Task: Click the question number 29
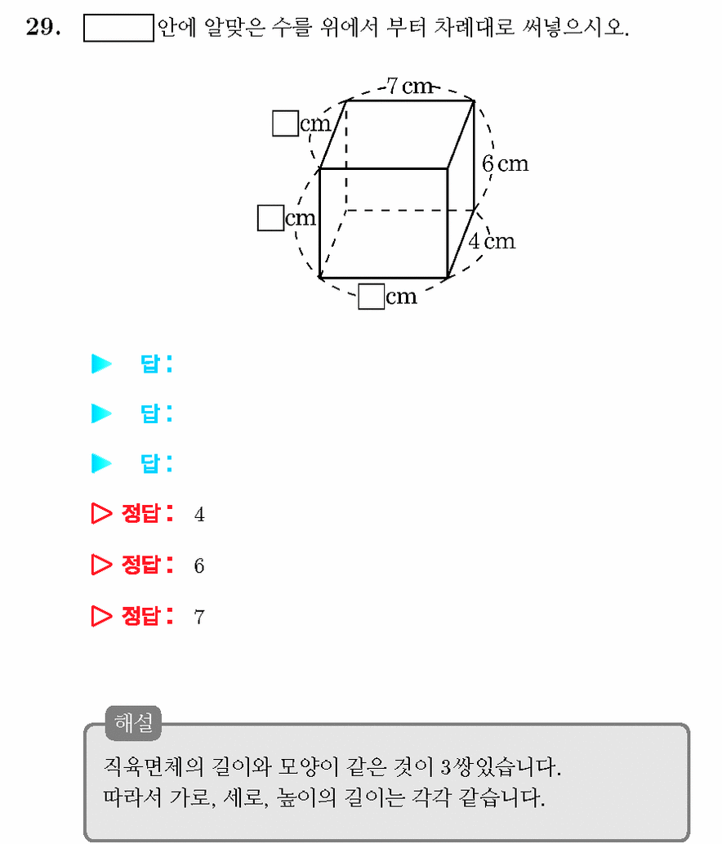click(x=43, y=26)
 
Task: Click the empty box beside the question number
click(x=119, y=28)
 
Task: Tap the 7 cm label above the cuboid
click(x=410, y=86)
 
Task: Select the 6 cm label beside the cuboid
click(x=506, y=163)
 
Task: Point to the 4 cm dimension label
click(x=492, y=241)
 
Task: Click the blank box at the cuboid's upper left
click(x=286, y=123)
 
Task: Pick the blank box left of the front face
click(x=270, y=218)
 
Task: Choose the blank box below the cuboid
click(x=372, y=297)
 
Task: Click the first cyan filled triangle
click(x=101, y=364)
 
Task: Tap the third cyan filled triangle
click(x=101, y=463)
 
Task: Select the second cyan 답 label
click(x=156, y=413)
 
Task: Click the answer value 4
click(x=199, y=515)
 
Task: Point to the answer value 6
click(x=199, y=565)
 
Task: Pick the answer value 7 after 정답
click(x=199, y=617)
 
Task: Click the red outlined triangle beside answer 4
click(x=101, y=513)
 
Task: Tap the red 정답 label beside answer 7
click(x=147, y=616)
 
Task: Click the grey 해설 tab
click(x=133, y=722)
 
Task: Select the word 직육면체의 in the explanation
click(x=154, y=766)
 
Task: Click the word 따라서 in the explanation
click(x=132, y=797)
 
